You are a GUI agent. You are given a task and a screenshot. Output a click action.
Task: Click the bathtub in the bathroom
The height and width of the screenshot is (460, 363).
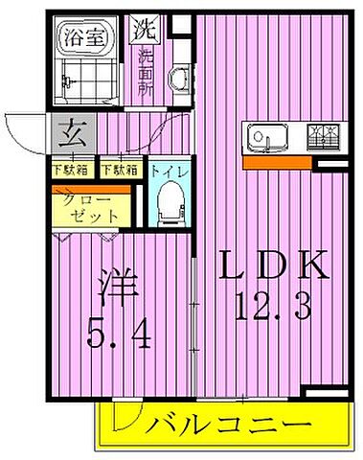click(x=86, y=72)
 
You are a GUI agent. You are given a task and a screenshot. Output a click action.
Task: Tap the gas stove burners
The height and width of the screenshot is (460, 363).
click(x=321, y=137)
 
